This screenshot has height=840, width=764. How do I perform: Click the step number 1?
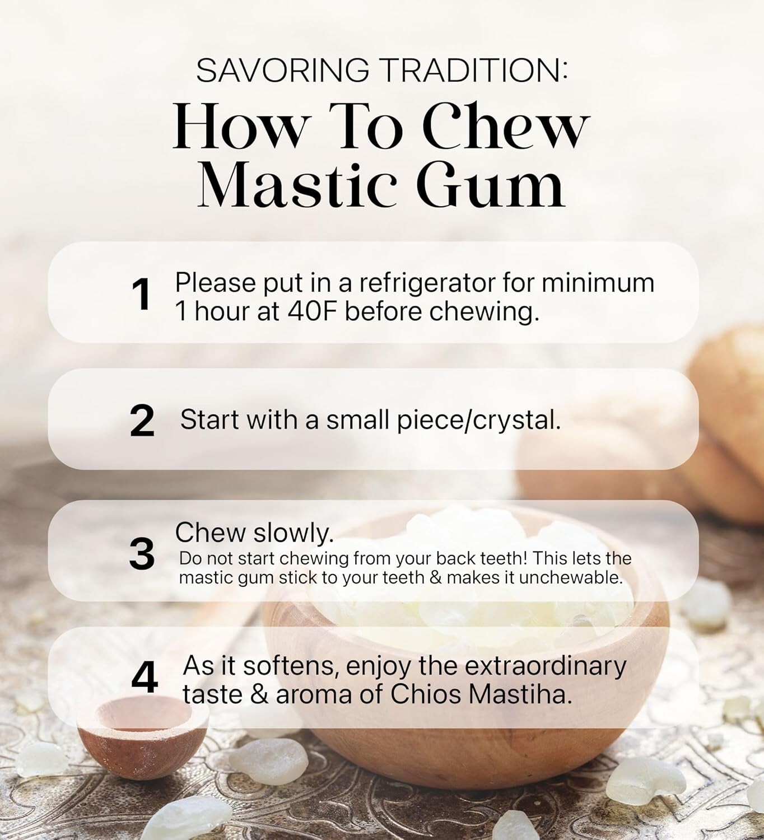pyautogui.click(x=141, y=295)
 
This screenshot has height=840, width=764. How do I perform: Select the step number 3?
pyautogui.click(x=142, y=554)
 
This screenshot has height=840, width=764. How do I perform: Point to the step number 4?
pyautogui.click(x=144, y=679)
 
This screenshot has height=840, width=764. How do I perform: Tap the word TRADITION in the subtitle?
pyautogui.click(x=472, y=71)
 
